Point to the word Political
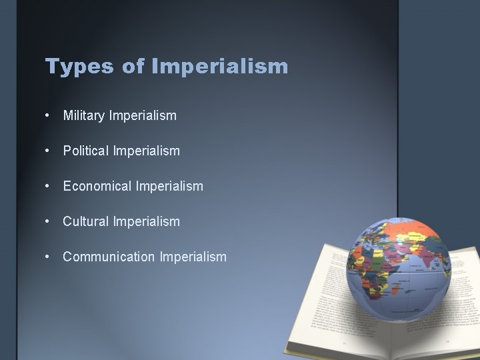coord(87,151)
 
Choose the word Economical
coord(98,187)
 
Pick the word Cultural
coord(86,221)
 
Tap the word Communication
coord(109,257)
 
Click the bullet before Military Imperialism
coord(48,116)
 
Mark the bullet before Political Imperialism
coord(48,151)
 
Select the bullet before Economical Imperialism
coord(48,187)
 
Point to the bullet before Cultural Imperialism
coord(48,221)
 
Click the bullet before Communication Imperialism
coord(48,257)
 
